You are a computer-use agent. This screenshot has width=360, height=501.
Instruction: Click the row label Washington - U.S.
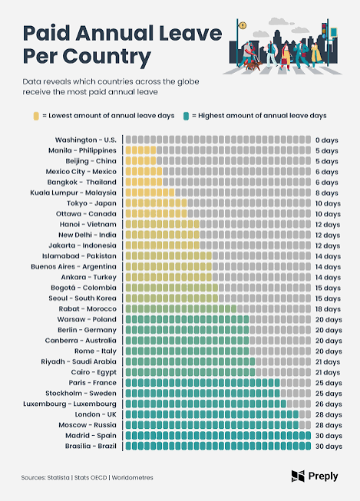pyautogui.click(x=86, y=140)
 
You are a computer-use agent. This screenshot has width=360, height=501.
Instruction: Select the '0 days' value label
pyautogui.click(x=326, y=140)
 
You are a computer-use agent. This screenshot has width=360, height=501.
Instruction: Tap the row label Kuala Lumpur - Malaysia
pyautogui.click(x=73, y=193)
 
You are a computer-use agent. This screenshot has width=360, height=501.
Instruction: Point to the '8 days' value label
pyautogui.click(x=326, y=193)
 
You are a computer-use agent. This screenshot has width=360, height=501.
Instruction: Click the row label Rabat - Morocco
pyautogui.click(x=88, y=308)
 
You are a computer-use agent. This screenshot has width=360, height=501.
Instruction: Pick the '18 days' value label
pyautogui.click(x=328, y=309)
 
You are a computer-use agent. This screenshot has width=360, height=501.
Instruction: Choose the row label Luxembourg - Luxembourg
pyautogui.click(x=70, y=404)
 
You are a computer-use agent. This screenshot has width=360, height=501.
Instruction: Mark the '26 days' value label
pyautogui.click(x=329, y=404)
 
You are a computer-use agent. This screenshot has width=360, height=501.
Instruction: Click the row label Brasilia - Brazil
pyautogui.click(x=91, y=446)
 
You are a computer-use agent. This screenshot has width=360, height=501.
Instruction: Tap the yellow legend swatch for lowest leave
pyautogui.click(x=36, y=116)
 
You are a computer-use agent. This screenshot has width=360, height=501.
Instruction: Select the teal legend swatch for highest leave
pyautogui.click(x=186, y=116)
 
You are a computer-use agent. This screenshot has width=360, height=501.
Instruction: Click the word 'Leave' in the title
pyautogui.click(x=190, y=33)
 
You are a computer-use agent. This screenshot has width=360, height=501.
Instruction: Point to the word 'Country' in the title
pyautogui.click(x=107, y=57)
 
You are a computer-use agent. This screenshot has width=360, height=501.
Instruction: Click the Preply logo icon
pyautogui.click(x=298, y=476)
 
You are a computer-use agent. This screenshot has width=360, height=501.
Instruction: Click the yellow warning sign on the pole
pyautogui.click(x=243, y=25)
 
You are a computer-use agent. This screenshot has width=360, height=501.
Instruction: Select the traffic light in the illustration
pyautogui.click(x=324, y=31)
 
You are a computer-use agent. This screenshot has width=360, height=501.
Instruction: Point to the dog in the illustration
pyautogui.click(x=253, y=66)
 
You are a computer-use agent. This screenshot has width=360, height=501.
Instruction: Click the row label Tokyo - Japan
pyautogui.click(x=92, y=203)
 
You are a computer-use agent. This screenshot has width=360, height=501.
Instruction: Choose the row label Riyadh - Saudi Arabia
pyautogui.click(x=78, y=361)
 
